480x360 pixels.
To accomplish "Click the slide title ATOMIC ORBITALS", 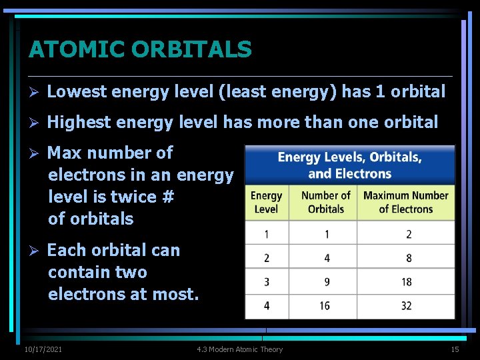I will pos(140,49).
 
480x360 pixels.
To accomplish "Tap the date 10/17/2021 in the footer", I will pos(43,349).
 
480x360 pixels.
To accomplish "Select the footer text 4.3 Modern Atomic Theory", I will pos(240,349).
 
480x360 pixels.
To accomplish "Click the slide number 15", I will pos(455,349).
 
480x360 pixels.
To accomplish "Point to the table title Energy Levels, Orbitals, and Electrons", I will pos(349,165).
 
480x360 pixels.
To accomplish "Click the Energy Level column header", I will pos(266,202).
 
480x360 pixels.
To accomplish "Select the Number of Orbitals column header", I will pos(325,202).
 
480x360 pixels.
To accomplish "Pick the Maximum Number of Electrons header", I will pos(406,202).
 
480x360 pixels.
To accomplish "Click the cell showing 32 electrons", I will pos(407,306).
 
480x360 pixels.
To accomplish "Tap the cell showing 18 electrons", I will pos(407,282).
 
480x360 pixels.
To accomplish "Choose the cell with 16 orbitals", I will pos(325,306).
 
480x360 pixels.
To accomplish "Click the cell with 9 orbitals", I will pos(326,282).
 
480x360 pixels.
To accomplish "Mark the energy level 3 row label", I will pos(267,282).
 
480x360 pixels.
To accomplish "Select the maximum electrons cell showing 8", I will pos(409,258).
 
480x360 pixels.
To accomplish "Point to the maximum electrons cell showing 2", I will pos(409,234).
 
